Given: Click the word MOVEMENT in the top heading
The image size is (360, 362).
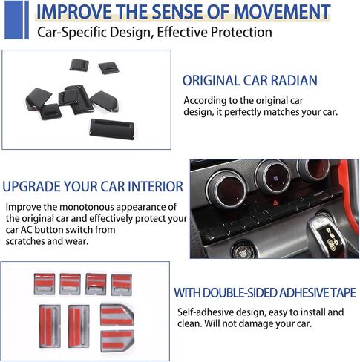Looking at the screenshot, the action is (282, 12).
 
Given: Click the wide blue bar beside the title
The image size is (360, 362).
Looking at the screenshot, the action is (13, 20).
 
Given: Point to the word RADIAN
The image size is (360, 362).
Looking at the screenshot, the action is (294, 81).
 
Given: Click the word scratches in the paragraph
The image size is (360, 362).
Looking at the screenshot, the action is (25, 241).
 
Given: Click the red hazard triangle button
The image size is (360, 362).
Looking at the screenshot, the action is (276, 203).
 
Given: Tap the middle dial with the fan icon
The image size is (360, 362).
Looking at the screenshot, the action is (273, 176).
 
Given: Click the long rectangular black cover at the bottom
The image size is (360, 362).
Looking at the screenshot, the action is (112, 129).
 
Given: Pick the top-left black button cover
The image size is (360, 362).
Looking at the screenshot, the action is (79, 65).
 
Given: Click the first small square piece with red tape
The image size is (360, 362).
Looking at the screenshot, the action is (45, 284).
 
